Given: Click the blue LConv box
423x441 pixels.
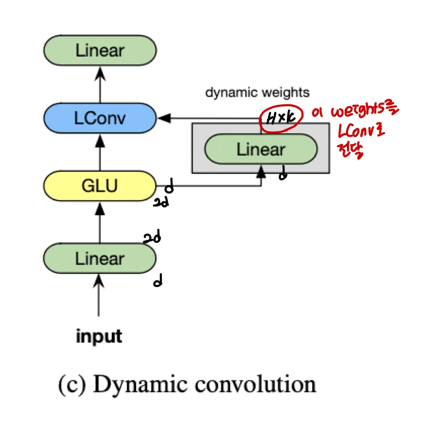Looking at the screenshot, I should pyautogui.click(x=100, y=119).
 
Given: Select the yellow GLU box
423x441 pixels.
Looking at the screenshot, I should pyautogui.click(x=100, y=185).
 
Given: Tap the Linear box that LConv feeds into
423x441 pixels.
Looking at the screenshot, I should pyautogui.click(x=100, y=50).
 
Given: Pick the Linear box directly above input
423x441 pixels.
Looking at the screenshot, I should pyautogui.click(x=100, y=259).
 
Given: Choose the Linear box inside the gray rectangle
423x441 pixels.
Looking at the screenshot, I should pyautogui.click(x=261, y=149).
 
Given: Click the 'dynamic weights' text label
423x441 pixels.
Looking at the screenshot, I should pyautogui.click(x=257, y=93).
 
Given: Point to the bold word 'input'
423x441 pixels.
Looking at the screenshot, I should pyautogui.click(x=99, y=337).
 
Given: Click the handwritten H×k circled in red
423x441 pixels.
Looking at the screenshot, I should pyautogui.click(x=281, y=117).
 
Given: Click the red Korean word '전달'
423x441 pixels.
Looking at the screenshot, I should pyautogui.click(x=352, y=150).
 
